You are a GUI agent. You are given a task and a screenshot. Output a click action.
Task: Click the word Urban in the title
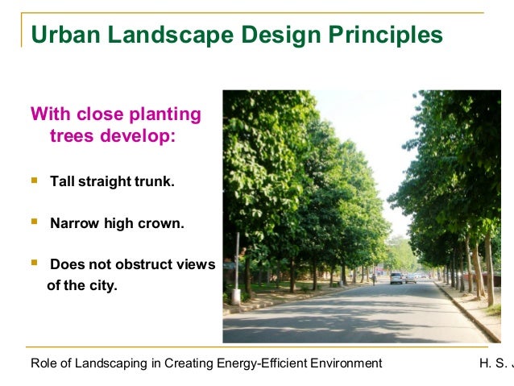pyautogui.click(x=66, y=35)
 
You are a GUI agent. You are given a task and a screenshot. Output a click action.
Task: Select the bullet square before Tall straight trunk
pyautogui.click(x=34, y=181)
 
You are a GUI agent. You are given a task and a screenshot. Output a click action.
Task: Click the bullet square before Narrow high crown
pyautogui.click(x=34, y=222)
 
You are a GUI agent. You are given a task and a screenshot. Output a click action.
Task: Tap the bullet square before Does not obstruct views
pyautogui.click(x=34, y=264)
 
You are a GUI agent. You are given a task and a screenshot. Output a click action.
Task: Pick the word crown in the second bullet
pyautogui.click(x=165, y=223)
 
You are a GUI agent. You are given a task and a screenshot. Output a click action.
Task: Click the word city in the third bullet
pyautogui.click(x=105, y=284)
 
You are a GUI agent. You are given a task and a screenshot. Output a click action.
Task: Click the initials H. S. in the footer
pyautogui.click(x=493, y=363)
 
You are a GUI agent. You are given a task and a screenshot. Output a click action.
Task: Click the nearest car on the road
pyautogui.click(x=396, y=278)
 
